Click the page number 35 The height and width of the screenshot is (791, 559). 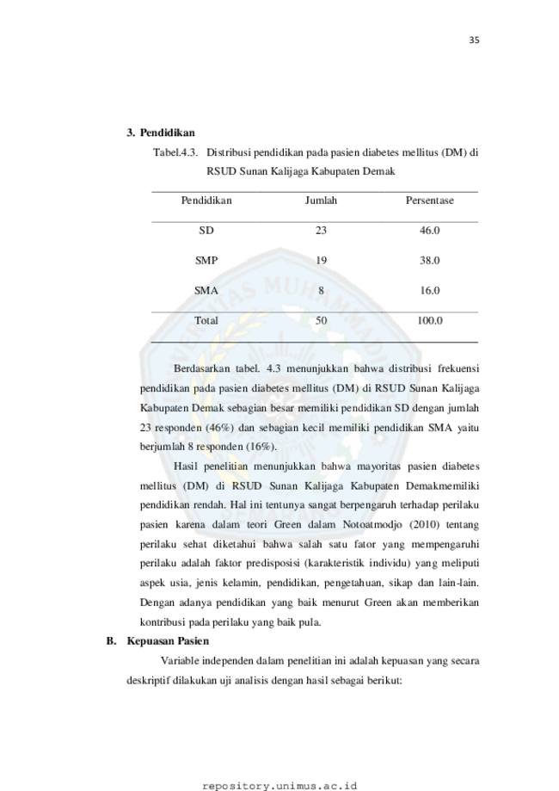tap(474, 40)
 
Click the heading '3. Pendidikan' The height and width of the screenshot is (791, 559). tap(160, 133)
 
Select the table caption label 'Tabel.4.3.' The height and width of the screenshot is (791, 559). tap(175, 152)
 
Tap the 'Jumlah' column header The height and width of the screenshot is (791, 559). tap(321, 201)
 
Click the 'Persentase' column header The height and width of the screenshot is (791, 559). tap(429, 201)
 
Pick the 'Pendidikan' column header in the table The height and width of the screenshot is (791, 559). tap(206, 201)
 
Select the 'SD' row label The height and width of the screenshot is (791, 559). tap(206, 231)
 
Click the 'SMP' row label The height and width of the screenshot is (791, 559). tap(206, 260)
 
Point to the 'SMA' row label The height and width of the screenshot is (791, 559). tap(206, 291)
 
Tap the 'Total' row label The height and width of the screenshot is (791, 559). tap(206, 320)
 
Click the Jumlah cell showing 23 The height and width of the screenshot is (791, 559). tap(321, 231)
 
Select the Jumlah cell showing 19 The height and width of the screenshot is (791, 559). tap(321, 260)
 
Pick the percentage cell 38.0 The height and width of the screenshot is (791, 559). tap(429, 260)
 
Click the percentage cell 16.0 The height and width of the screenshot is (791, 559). tap(429, 291)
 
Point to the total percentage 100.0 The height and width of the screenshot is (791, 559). tap(429, 320)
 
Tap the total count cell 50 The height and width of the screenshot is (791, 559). tap(321, 320)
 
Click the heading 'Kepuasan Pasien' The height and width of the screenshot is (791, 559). tap(168, 641)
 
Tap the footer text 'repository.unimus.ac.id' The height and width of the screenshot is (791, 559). tap(279, 786)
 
